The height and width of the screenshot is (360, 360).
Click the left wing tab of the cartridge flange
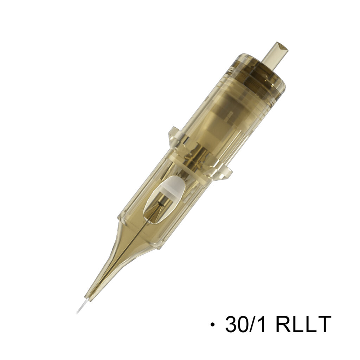174,138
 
